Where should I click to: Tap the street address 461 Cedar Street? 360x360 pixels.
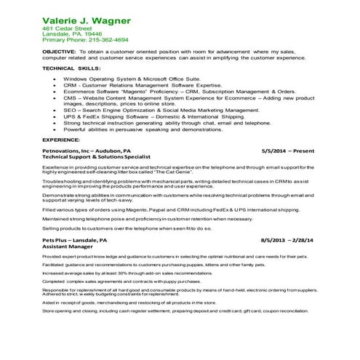pos(68,28)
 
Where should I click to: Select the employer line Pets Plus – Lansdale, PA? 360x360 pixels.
pos(75,239)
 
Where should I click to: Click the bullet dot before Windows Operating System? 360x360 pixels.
pos(55,79)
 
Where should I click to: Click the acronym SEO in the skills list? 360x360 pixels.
pos(69,111)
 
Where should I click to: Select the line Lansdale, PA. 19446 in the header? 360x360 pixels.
pos(72,34)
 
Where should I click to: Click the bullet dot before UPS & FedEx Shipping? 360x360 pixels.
pos(55,117)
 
